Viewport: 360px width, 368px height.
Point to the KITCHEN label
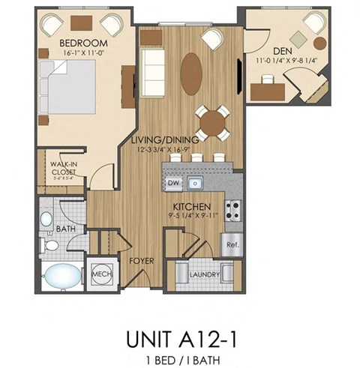point(189,205)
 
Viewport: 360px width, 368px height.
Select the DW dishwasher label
point(173,181)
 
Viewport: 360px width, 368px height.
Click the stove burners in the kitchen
point(232,210)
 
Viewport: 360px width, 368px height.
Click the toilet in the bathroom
point(49,244)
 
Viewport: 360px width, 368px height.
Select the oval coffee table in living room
point(191,73)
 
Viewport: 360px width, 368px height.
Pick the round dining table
point(213,123)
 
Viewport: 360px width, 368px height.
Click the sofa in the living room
point(154,70)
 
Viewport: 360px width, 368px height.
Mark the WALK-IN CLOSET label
point(64,168)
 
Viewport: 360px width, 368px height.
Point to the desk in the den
point(268,91)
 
